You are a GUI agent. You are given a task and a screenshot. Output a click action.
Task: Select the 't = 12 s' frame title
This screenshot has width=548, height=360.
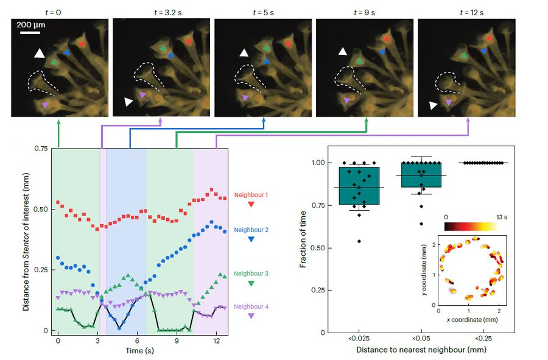click(466, 10)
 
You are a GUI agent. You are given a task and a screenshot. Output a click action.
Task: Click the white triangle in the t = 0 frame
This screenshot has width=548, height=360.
click(40, 54)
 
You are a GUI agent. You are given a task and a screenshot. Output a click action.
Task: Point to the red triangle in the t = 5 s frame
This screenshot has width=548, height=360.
click(287, 44)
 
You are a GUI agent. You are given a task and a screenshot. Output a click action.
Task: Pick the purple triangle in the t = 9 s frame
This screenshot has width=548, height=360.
click(346, 97)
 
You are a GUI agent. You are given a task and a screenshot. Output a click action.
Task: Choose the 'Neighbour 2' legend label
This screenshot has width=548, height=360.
click(251, 230)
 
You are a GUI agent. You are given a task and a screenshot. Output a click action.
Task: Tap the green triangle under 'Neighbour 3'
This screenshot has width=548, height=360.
click(251, 283)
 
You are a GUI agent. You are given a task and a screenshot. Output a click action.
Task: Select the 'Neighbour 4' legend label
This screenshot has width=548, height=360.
click(251, 306)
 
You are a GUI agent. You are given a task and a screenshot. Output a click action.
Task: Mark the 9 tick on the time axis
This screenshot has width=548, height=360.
click(177, 341)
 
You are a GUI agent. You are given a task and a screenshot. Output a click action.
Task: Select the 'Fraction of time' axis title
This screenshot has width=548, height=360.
click(304, 239)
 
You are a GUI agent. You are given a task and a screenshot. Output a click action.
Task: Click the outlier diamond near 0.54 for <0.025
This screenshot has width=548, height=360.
click(359, 241)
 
